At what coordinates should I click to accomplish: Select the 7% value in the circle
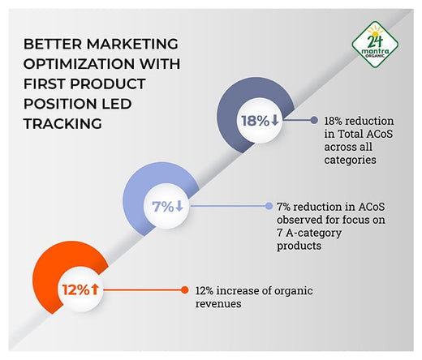point(162,206)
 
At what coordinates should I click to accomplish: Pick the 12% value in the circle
point(73,289)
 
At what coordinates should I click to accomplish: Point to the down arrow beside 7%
point(179,206)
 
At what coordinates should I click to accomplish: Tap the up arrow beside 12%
point(95,289)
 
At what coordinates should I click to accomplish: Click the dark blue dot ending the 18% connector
point(314,120)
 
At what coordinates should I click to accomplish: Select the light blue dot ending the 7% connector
point(268,206)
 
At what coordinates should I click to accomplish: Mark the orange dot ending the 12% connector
point(186,289)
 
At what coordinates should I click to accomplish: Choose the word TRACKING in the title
point(58,124)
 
